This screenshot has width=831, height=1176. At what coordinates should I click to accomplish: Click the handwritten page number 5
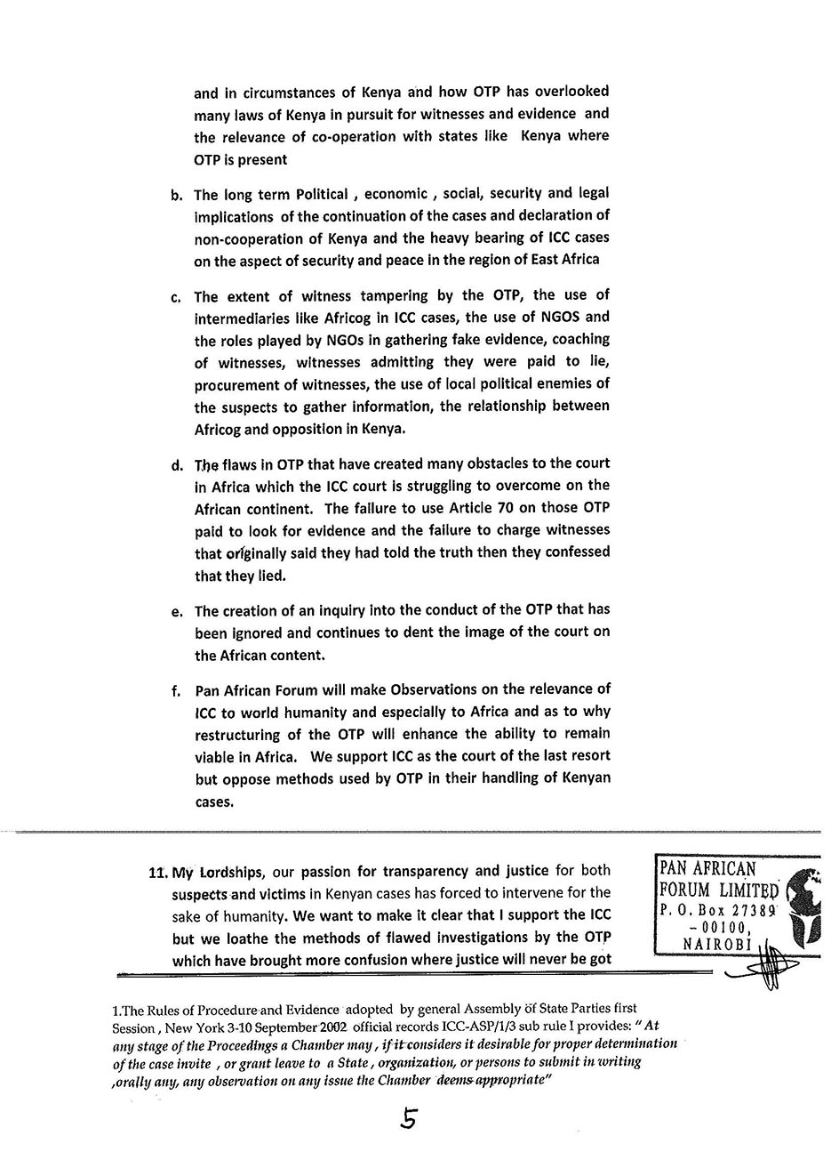(x=408, y=1119)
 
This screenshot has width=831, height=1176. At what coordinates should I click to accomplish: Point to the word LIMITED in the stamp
(x=747, y=890)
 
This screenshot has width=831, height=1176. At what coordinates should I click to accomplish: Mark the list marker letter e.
(x=176, y=612)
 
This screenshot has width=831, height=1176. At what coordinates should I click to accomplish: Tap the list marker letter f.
(x=176, y=691)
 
